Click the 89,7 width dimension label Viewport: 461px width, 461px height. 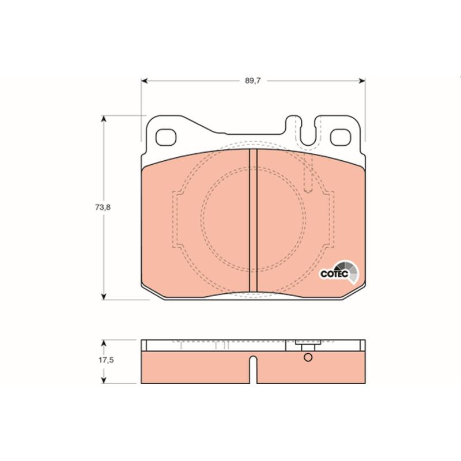(x=253, y=81)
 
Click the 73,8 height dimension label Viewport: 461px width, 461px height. (x=103, y=207)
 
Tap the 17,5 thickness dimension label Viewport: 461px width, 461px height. (x=106, y=360)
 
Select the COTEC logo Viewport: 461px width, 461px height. (x=339, y=272)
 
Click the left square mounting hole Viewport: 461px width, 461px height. (x=166, y=138)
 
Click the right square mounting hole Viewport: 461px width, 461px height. (x=341, y=138)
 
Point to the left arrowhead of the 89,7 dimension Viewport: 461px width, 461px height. (x=145, y=81)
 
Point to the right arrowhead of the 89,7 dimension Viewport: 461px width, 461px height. (x=362, y=81)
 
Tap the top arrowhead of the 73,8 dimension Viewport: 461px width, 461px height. (x=103, y=119)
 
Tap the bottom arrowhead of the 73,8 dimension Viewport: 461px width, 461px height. (x=103, y=296)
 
